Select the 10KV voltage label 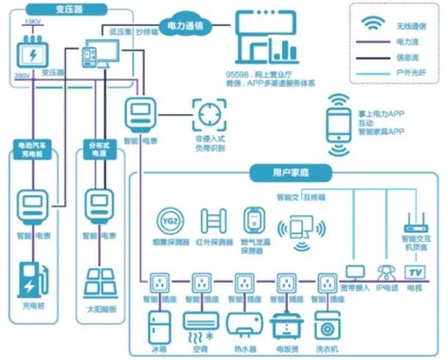[32, 22]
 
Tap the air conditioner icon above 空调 [201, 321]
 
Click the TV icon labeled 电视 [416, 272]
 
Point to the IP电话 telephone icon [386, 271]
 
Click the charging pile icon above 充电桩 [32, 275]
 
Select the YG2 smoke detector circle [170, 221]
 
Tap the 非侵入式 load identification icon [209, 114]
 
